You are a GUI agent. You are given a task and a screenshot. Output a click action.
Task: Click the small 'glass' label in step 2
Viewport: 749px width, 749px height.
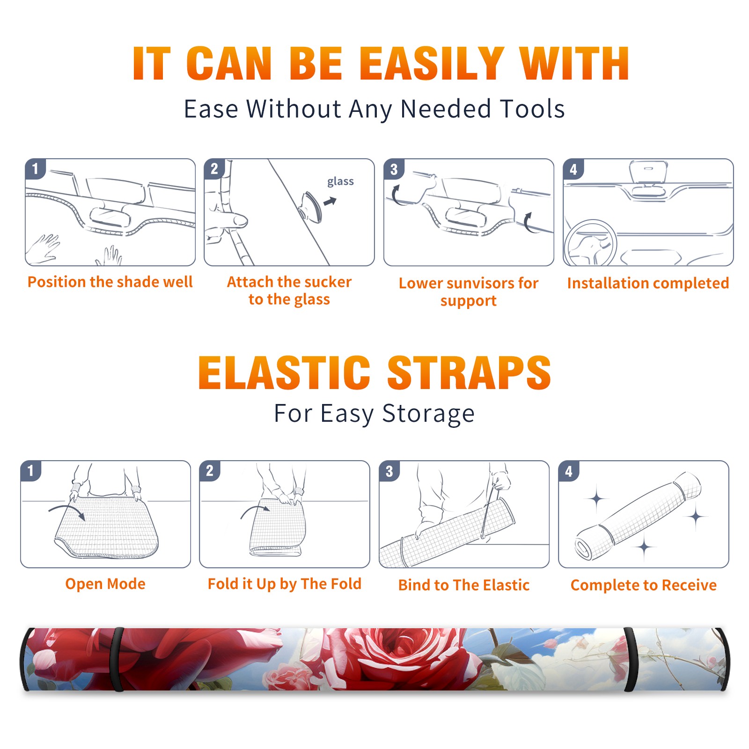pos(340,182)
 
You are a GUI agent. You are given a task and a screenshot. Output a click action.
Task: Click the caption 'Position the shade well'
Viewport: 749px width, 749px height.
pos(110,282)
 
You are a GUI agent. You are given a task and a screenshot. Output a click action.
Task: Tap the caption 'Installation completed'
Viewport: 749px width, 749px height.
pos(648,283)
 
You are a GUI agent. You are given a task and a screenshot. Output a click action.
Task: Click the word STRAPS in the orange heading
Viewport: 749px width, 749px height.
pos(469,373)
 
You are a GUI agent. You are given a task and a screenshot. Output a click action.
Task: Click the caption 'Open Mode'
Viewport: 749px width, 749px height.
pos(105,584)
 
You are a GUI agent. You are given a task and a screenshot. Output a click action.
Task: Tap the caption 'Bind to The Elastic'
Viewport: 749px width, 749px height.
pos(464,585)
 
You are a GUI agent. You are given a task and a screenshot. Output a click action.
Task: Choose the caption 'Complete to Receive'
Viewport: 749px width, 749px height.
pos(644,585)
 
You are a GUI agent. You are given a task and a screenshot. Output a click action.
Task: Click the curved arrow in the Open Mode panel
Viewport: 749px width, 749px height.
pos(67,508)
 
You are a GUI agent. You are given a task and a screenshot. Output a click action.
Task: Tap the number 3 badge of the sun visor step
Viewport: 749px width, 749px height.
pos(394,169)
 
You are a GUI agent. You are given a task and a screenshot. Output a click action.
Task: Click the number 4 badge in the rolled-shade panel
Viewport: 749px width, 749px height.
pos(569,471)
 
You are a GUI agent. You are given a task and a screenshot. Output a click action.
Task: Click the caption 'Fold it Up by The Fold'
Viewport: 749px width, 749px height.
pos(285,584)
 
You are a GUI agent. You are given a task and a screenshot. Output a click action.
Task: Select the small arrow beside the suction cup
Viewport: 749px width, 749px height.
pos(330,201)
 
